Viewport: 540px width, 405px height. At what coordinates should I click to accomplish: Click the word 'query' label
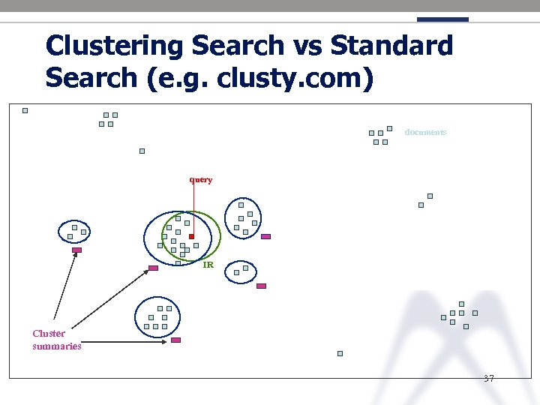tap(201, 180)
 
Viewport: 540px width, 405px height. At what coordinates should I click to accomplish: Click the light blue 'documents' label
tap(425, 132)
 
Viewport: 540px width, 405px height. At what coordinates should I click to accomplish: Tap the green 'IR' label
tap(208, 265)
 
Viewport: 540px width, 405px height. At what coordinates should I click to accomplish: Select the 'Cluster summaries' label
tap(56, 340)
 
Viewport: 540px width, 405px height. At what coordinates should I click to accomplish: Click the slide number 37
tap(488, 378)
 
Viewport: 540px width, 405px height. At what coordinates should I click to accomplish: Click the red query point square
tap(191, 237)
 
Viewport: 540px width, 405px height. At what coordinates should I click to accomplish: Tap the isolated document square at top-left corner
tap(25, 110)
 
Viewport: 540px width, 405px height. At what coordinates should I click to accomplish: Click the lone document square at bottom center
tap(340, 353)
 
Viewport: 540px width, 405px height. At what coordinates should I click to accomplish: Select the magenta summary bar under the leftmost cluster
tap(76, 250)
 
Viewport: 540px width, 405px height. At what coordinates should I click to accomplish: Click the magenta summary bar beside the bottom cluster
tap(175, 340)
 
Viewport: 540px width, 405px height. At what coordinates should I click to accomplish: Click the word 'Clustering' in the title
tap(115, 46)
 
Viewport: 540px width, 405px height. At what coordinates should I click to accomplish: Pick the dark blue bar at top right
tap(442, 19)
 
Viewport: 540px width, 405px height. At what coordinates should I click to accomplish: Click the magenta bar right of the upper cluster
tap(265, 236)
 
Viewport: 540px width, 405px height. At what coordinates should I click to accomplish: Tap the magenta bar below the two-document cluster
tap(261, 286)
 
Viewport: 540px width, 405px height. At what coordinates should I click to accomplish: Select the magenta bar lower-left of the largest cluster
tap(153, 268)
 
